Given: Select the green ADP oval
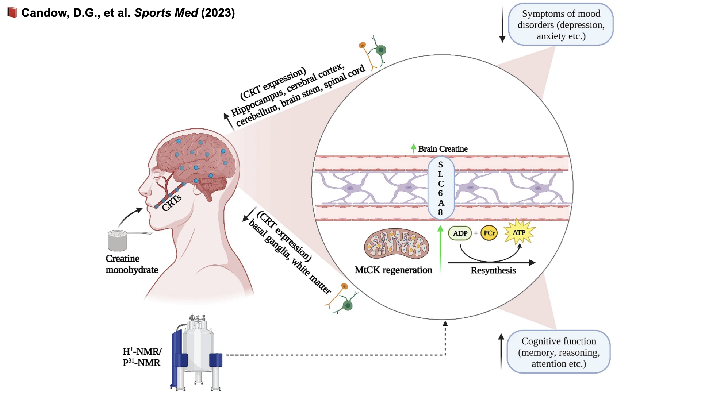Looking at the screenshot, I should pyautogui.click(x=460, y=233).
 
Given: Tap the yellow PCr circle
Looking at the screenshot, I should pyautogui.click(x=489, y=233).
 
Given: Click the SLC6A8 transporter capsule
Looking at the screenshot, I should pyautogui.click(x=441, y=188).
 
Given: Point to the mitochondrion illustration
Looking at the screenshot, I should pyautogui.click(x=397, y=244).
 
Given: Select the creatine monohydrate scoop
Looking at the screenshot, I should pyautogui.click(x=119, y=240).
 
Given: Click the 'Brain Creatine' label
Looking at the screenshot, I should pyautogui.click(x=443, y=149).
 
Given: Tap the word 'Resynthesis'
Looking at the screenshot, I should pyautogui.click(x=493, y=270).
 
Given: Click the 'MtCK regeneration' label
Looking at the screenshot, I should pyautogui.click(x=393, y=270).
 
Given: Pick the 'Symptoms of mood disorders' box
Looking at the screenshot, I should pyautogui.click(x=561, y=25).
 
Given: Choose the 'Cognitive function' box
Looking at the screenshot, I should pyautogui.click(x=559, y=352).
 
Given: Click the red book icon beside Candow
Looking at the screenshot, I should pyautogui.click(x=12, y=13).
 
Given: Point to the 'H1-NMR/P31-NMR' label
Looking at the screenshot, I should pyautogui.click(x=142, y=357).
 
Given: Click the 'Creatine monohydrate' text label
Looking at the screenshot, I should pyautogui.click(x=131, y=264).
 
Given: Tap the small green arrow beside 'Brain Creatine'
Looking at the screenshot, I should pyautogui.click(x=413, y=148).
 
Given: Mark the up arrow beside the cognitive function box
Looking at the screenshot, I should pyautogui.click(x=501, y=351).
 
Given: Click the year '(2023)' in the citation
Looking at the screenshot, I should pyautogui.click(x=218, y=13).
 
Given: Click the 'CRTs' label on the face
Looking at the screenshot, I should pyautogui.click(x=172, y=202).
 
